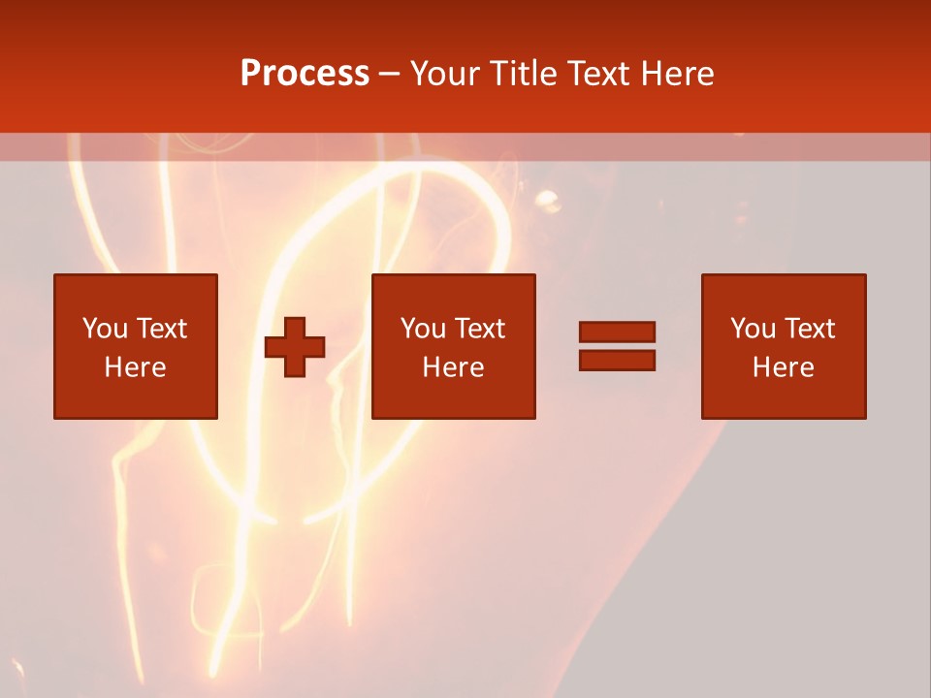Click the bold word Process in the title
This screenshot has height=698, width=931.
click(x=305, y=74)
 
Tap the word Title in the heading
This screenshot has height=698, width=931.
click(x=523, y=74)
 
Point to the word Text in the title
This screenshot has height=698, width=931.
click(x=594, y=74)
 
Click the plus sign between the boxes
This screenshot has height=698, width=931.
click(x=295, y=347)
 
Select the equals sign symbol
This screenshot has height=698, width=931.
click(x=617, y=346)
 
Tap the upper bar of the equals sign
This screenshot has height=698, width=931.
click(x=617, y=333)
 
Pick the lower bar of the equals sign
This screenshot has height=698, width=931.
click(x=617, y=360)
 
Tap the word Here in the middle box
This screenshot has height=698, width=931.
click(x=454, y=367)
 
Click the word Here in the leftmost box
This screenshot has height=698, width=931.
click(x=136, y=367)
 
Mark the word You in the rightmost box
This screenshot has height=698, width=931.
click(x=752, y=329)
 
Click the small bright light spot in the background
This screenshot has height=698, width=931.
click(x=547, y=201)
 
